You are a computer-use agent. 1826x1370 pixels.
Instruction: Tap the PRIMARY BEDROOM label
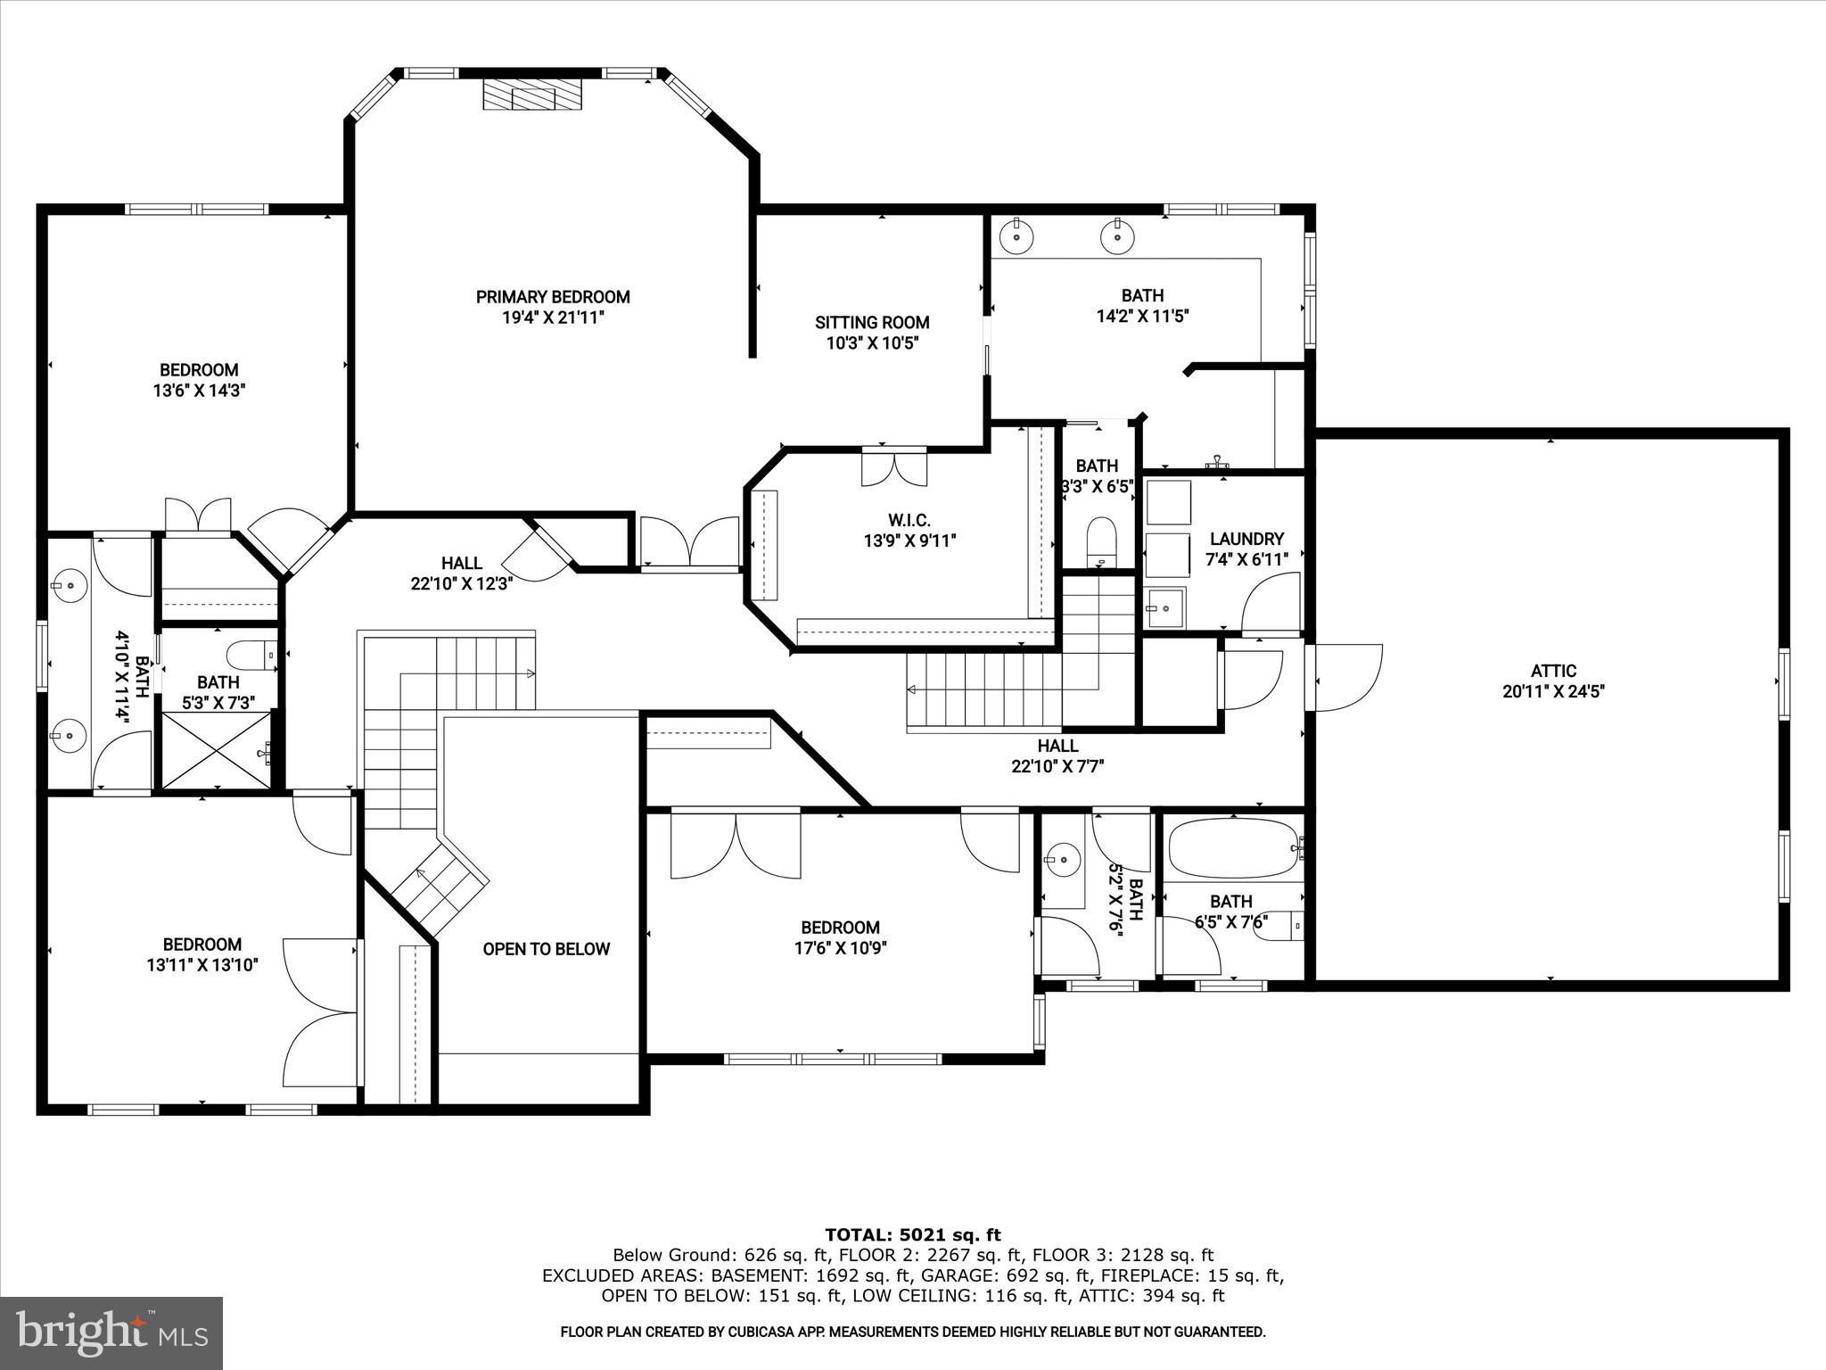553,297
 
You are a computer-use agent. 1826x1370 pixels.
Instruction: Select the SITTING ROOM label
872,323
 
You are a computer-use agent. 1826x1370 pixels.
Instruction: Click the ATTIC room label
1554,671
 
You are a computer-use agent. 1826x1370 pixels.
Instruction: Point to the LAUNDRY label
1246,539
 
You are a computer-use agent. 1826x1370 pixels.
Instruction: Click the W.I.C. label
909,520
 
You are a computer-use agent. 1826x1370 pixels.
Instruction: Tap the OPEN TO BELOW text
547,949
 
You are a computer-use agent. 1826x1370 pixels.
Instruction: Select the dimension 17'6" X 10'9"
840,948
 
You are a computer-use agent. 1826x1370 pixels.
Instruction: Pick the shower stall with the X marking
217,749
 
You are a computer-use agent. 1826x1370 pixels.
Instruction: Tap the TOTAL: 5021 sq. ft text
912,1234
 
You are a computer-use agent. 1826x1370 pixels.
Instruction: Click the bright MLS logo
111,1333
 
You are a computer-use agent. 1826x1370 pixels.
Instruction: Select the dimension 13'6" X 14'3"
199,390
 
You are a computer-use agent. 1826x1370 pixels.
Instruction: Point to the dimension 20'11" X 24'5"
1554,691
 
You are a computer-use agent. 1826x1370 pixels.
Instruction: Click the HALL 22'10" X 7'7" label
1057,755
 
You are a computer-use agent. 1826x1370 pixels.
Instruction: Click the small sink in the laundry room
1165,607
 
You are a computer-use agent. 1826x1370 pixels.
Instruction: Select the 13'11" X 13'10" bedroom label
202,953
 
